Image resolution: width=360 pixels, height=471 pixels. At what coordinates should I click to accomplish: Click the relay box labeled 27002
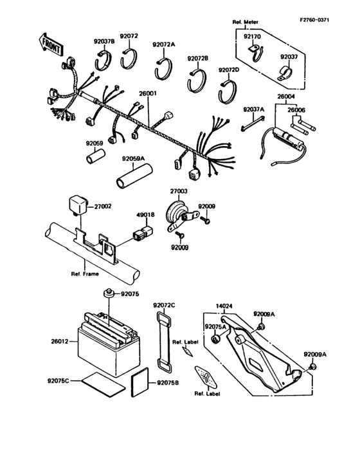(x=79, y=205)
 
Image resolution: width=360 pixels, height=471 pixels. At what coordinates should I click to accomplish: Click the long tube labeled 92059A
(x=132, y=174)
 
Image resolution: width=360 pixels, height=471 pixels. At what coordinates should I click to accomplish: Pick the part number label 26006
(x=296, y=110)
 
